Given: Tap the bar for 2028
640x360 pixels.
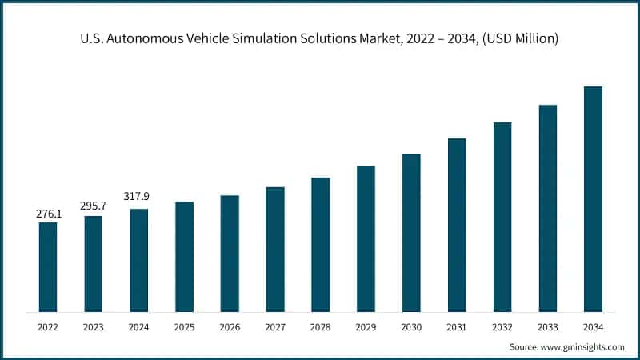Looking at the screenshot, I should [321, 244].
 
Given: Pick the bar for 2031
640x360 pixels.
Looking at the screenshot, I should [457, 225].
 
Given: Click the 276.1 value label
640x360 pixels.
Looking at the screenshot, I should [48, 214].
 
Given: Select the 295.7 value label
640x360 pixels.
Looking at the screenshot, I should [94, 206].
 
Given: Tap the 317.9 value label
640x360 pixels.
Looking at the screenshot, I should [138, 197].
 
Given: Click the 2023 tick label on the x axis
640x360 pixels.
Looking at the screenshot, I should [94, 326].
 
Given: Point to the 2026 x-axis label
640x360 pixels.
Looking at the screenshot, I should [230, 326].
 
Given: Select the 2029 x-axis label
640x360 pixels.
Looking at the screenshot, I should [366, 326].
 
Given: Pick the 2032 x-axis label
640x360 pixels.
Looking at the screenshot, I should [502, 326].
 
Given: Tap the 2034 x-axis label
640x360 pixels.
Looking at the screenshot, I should [593, 326].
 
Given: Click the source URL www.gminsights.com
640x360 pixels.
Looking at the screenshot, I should [582, 347].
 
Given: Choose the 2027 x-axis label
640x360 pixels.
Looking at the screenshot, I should [275, 326].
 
